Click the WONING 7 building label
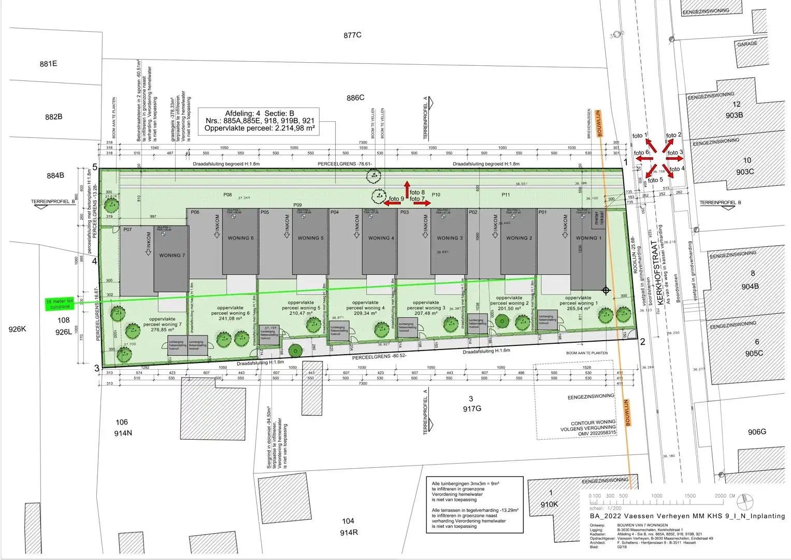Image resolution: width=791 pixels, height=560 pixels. [x=172, y=255]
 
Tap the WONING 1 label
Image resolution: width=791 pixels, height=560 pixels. [x=589, y=238]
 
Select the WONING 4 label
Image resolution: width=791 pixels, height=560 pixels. [x=381, y=238]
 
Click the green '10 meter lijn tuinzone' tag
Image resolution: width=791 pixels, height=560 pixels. [x=60, y=304]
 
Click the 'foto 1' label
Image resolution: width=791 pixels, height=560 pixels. [x=639, y=136]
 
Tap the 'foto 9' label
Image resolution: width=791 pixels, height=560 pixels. [x=396, y=199]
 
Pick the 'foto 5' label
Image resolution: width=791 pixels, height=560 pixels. [x=655, y=180]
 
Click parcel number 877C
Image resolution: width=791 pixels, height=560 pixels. [x=352, y=35]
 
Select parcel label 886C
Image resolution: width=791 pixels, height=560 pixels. [x=355, y=97]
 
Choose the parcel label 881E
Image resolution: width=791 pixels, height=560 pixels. [x=48, y=64]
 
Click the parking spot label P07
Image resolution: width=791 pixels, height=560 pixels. [x=127, y=229]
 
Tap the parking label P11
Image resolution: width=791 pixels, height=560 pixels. [x=506, y=195]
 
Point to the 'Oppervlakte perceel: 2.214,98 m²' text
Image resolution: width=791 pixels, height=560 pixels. [x=260, y=128]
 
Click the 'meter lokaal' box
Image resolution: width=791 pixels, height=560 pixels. [x=598, y=218]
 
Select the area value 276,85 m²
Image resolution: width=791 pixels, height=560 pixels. [x=163, y=330]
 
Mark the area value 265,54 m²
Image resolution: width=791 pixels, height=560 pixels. [x=578, y=309]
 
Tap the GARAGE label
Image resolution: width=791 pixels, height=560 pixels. [x=747, y=44]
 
